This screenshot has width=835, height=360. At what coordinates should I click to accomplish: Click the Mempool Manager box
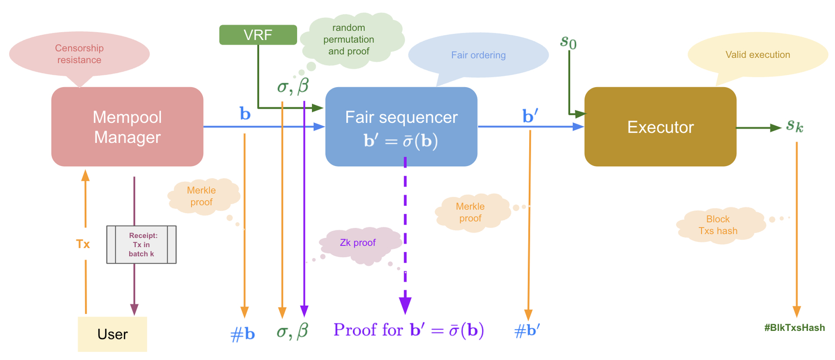click(x=127, y=126)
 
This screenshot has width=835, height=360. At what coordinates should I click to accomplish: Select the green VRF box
click(x=258, y=35)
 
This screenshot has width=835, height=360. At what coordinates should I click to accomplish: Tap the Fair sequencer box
click(x=401, y=126)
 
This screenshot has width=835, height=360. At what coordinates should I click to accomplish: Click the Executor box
click(x=660, y=126)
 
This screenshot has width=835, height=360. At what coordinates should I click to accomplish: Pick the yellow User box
click(x=112, y=334)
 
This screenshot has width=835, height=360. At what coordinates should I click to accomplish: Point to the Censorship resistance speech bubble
click(x=79, y=54)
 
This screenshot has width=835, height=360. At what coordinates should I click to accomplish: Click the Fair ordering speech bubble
click(x=478, y=55)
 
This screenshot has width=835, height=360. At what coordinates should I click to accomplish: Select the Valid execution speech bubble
click(x=757, y=54)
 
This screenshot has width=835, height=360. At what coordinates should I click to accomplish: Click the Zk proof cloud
click(x=358, y=243)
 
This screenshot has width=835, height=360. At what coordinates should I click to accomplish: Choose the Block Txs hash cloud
click(x=718, y=225)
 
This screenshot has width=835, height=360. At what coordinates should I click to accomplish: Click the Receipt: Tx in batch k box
click(x=141, y=244)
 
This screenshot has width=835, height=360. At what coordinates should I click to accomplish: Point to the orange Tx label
click(x=83, y=244)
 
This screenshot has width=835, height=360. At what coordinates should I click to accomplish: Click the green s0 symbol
click(x=568, y=41)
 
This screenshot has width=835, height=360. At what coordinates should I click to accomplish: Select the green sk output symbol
click(x=795, y=125)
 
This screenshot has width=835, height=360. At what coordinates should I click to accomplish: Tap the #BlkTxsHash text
click(x=794, y=328)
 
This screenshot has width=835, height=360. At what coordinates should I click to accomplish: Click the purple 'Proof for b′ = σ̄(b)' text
click(x=408, y=330)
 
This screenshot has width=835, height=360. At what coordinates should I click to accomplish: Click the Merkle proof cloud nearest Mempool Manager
click(x=202, y=196)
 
